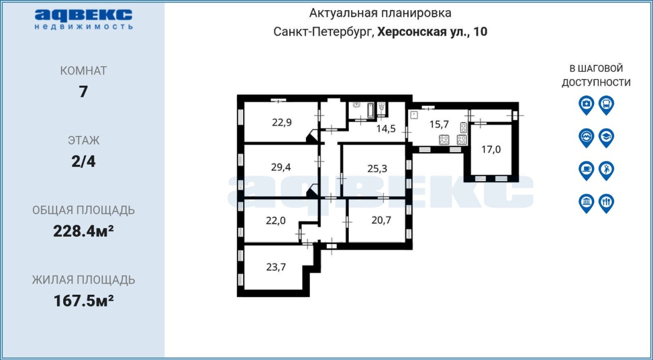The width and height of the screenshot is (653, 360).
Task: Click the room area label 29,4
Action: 281,167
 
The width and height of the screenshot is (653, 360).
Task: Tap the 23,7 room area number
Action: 276,267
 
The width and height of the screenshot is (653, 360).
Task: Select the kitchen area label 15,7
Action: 439,124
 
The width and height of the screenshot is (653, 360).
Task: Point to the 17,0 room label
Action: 491,149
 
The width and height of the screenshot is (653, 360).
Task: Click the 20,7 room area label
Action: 381,220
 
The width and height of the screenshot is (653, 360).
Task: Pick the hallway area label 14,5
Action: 386,128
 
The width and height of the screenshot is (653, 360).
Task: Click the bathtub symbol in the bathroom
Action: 370,110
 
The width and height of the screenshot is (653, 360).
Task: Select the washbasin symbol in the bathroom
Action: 357,105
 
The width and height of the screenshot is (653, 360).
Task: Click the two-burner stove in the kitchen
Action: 463,127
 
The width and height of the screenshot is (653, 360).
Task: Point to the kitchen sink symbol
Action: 414,115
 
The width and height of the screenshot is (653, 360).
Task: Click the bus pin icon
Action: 607,105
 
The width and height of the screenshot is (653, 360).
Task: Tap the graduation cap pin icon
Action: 607,138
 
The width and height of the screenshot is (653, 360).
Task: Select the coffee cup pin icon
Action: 587,171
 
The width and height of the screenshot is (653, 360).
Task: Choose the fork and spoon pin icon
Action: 607,203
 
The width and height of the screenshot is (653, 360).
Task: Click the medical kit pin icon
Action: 587,105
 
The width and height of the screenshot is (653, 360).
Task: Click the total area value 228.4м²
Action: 83,232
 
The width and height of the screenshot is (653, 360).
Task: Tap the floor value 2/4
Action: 83,161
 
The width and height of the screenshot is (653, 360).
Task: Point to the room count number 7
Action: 83,92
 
